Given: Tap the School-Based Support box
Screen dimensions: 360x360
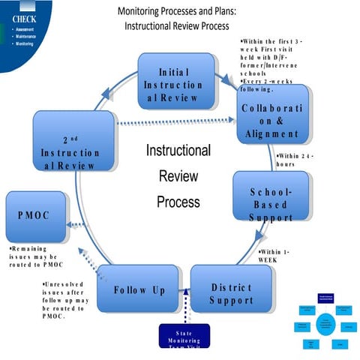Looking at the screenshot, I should coord(271,198).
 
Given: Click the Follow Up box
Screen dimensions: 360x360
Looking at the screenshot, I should coord(139,289).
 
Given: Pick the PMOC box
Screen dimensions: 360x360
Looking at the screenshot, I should coord(34,216).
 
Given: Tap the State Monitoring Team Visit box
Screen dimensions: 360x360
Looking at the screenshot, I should coord(184,337).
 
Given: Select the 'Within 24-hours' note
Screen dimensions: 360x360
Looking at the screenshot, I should coord(294,160).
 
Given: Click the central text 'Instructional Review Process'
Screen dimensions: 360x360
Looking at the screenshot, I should coord(178,176).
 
